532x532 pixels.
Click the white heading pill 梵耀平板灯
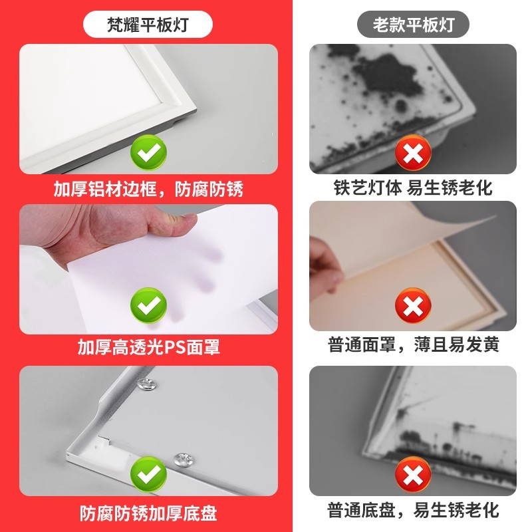click(148, 24)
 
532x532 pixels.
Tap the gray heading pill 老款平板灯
click(413, 24)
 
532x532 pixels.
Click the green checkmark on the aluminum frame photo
click(148, 152)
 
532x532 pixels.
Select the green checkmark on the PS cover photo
click(148, 305)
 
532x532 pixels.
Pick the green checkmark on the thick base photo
click(148, 474)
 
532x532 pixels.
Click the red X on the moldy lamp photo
click(413, 152)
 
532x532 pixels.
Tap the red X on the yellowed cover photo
click(413, 305)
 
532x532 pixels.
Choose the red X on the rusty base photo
click(413, 474)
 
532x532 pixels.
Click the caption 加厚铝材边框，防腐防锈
click(148, 189)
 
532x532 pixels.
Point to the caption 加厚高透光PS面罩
click(148, 346)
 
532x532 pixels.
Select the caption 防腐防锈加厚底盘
click(148, 513)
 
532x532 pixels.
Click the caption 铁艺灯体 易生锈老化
click(413, 188)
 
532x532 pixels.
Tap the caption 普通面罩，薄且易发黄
click(413, 344)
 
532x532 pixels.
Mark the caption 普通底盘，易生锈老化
click(413, 510)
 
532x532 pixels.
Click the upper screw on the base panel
click(146, 384)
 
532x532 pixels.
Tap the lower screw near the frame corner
click(184, 460)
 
